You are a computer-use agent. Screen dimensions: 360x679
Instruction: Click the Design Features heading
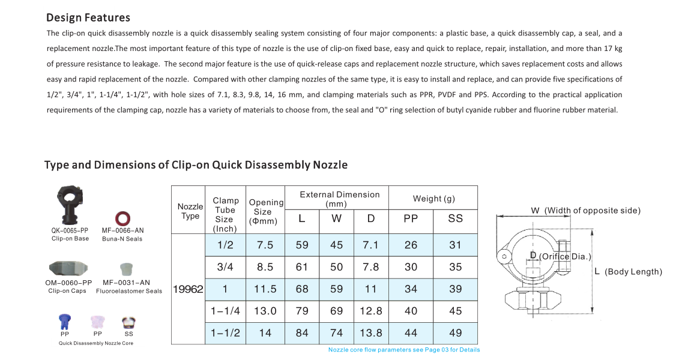88,17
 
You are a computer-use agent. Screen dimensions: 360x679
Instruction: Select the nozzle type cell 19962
188,289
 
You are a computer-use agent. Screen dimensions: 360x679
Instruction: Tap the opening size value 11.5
265,289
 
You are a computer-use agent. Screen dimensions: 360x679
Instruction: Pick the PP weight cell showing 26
411,245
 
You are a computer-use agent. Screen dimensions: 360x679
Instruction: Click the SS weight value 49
455,333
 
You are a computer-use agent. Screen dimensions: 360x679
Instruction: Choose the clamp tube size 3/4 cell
225,267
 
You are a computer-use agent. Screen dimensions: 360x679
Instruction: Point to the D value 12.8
370,311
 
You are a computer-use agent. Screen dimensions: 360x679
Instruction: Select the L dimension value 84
302,333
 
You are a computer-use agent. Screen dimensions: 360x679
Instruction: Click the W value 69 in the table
337,311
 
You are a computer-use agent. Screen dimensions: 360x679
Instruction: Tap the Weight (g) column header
433,199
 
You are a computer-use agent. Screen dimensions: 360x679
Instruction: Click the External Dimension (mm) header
340,199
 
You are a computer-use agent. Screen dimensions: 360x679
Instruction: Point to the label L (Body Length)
628,272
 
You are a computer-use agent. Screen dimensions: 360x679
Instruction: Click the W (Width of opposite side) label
585,211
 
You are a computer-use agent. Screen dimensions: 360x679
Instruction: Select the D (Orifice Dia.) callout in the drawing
560,257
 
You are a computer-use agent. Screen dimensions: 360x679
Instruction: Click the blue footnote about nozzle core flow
403,350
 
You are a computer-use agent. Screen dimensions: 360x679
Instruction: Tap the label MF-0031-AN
126,283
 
